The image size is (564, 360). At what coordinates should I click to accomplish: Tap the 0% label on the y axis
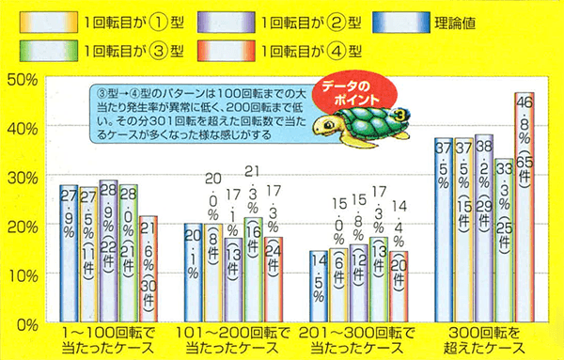(25, 323)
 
